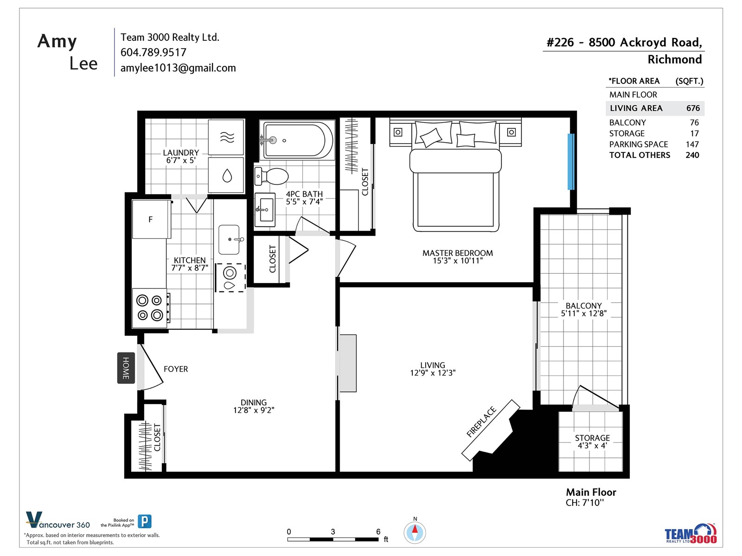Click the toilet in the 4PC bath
tap(271, 176)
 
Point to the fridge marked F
tap(151, 220)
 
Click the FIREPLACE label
tap(481, 422)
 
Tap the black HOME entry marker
tap(126, 368)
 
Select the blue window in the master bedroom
tap(570, 161)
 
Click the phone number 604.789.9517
tap(153, 52)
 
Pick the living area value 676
tap(693, 108)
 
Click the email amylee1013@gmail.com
tap(178, 68)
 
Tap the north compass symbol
tap(415, 532)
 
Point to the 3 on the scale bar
tap(333, 531)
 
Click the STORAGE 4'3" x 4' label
tap(592, 442)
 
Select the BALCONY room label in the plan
tap(583, 305)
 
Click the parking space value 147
tap(692, 144)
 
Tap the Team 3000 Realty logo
tap(690, 533)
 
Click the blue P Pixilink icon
tap(144, 521)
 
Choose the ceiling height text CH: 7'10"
tap(584, 503)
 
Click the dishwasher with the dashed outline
tap(230, 278)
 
